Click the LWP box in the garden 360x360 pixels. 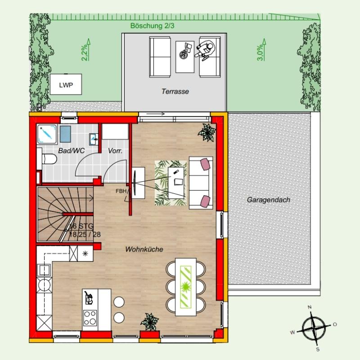[x=66, y=84]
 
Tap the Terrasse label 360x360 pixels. [x=175, y=91]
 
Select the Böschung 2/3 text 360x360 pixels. [x=152, y=26]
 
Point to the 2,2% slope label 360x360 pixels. [x=85, y=53]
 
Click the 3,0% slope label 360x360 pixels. [x=260, y=53]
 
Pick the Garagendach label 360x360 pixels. [x=268, y=200]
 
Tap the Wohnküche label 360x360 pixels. [x=144, y=249]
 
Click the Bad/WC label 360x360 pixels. [x=72, y=151]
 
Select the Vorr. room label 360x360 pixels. [x=115, y=151]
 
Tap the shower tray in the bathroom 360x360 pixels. [x=47, y=134]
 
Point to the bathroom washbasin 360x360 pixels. [x=94, y=139]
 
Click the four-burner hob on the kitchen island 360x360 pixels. [x=90, y=318]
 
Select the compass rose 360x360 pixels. [x=313, y=328]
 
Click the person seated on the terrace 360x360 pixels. [x=205, y=50]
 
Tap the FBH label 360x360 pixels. [x=121, y=191]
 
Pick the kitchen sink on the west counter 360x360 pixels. [x=44, y=270]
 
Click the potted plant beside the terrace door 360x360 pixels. [x=207, y=132]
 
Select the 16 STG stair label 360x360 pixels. [x=81, y=226]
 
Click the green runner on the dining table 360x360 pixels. [x=186, y=287]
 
